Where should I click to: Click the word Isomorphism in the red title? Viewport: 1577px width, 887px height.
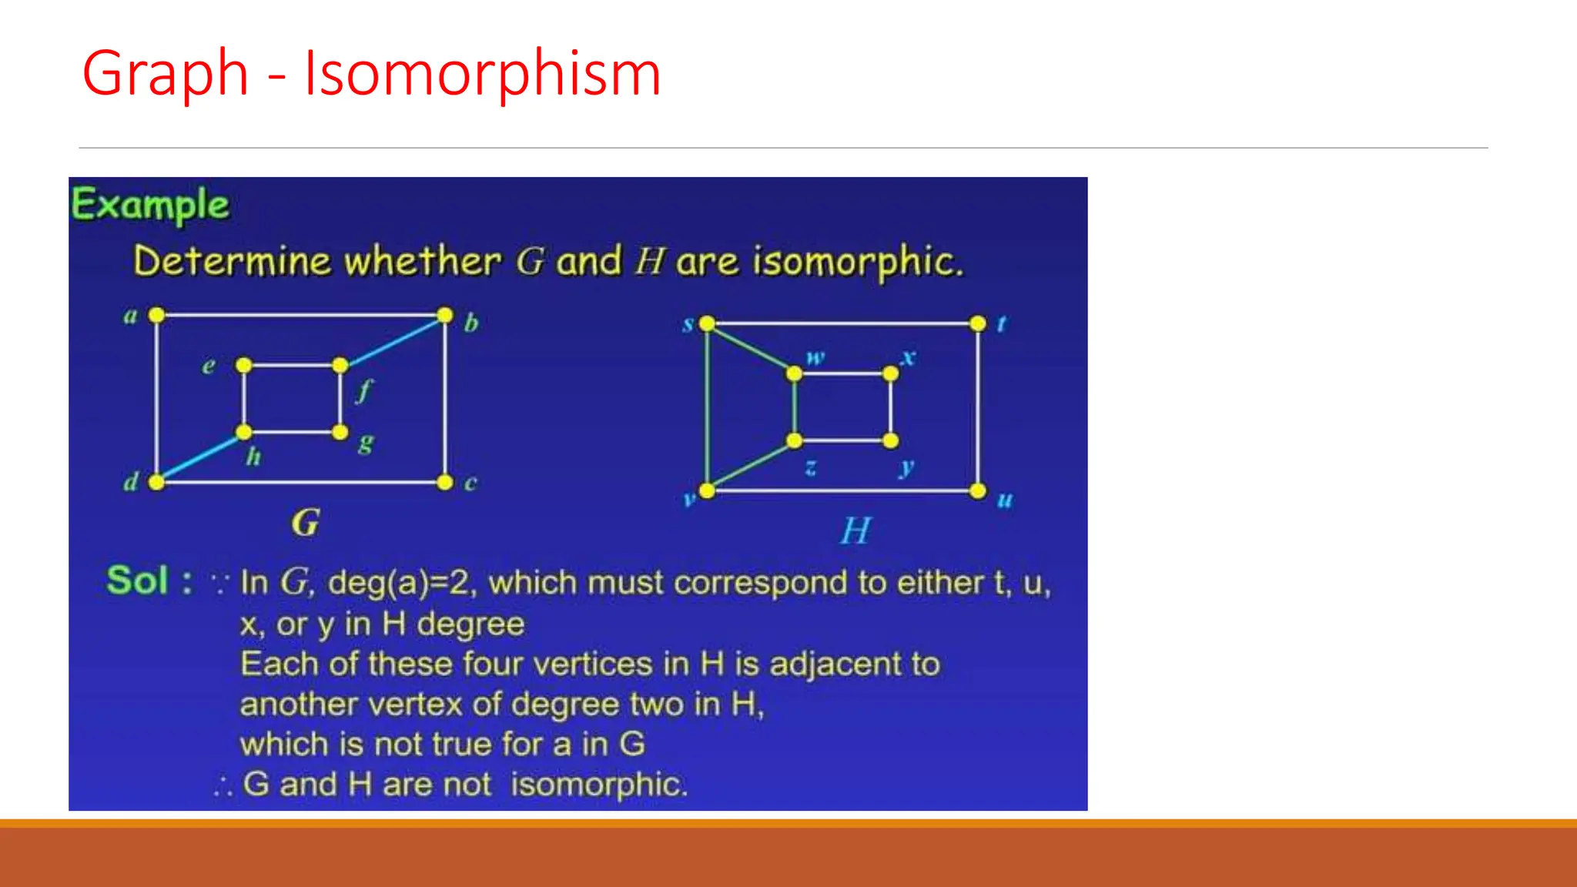tap(482, 73)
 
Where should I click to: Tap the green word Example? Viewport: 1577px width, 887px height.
tap(150, 205)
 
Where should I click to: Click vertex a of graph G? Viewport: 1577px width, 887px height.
tap(156, 315)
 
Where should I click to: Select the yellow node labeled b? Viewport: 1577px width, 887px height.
tap(444, 315)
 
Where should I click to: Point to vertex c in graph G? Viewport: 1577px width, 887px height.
tap(444, 482)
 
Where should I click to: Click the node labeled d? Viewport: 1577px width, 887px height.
tap(156, 482)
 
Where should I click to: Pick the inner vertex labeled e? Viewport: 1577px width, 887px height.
tap(243, 365)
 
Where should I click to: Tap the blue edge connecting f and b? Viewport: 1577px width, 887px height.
tap(393, 340)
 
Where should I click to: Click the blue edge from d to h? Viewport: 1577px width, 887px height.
tap(199, 457)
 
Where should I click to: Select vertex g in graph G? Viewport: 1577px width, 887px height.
tap(340, 432)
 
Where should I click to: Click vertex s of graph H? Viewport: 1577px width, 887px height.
tap(707, 323)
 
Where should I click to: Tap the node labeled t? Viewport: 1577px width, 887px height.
tap(978, 323)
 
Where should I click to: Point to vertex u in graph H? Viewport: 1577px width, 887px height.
tap(978, 490)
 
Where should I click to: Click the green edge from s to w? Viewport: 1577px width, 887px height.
tap(751, 348)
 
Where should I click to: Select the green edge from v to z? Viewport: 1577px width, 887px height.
tap(751, 466)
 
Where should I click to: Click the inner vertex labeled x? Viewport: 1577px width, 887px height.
tap(890, 373)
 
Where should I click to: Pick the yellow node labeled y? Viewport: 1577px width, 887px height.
tap(890, 440)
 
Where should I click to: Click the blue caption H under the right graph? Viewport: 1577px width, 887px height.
tap(855, 531)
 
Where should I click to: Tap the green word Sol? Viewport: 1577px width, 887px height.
tap(138, 581)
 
